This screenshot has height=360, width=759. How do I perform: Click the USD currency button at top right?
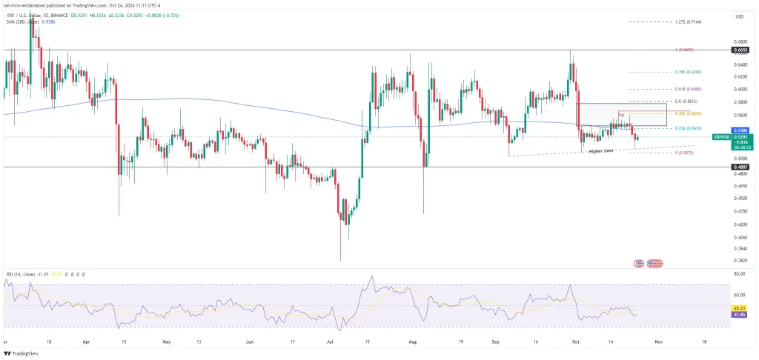[738, 16]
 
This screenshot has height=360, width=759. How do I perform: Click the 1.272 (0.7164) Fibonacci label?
[688, 22]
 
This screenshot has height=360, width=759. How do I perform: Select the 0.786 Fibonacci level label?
[689, 72]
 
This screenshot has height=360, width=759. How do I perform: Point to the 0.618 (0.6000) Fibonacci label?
[689, 88]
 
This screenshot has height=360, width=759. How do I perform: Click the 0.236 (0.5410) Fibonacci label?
[689, 128]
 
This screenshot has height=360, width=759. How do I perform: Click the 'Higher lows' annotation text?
[600, 151]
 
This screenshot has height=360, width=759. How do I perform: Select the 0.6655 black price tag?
[740, 50]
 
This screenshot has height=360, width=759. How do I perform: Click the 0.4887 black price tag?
[740, 167]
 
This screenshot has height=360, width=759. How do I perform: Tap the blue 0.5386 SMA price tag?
[740, 130]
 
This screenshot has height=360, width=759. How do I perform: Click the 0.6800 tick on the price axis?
[739, 41]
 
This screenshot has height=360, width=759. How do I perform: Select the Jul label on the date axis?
[328, 343]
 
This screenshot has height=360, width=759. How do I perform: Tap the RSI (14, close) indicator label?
[19, 273]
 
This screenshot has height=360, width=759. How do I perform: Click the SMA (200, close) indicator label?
[22, 22]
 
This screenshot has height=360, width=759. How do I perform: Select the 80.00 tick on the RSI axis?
[739, 274]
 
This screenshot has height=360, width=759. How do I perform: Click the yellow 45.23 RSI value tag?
[740, 307]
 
